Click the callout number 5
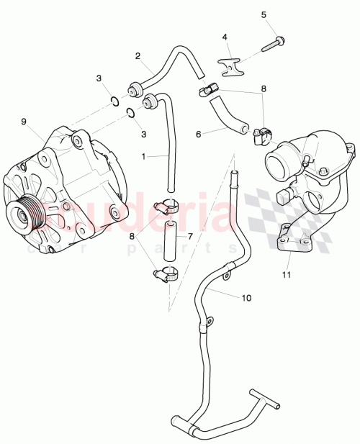[x=264, y=15]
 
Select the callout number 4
[x=225, y=37]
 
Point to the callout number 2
[x=138, y=55]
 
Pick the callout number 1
[x=145, y=156]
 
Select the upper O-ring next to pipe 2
[x=115, y=100]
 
